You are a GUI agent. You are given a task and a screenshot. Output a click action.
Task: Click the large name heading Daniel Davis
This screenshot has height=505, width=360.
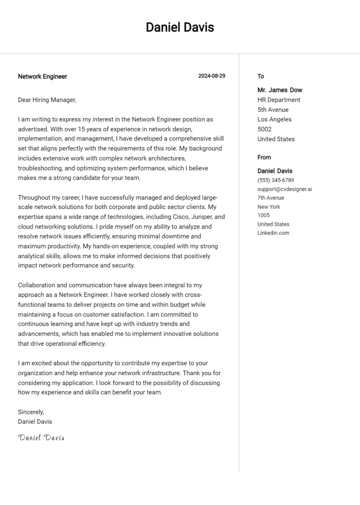point(180,28)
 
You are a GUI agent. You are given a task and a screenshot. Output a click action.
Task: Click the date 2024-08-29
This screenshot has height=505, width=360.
point(211,76)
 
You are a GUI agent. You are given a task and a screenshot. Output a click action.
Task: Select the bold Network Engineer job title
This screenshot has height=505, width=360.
point(42,76)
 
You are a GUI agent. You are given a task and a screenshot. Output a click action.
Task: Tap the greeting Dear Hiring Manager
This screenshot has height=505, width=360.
point(46,100)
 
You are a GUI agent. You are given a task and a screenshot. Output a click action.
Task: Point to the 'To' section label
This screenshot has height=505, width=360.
point(261,76)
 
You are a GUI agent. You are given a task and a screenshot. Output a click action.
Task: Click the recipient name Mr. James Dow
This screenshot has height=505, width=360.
point(279,90)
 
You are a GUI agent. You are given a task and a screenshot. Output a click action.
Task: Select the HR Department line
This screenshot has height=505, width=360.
point(279,100)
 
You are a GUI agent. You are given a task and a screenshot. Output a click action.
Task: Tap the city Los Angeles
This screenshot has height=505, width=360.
point(274,119)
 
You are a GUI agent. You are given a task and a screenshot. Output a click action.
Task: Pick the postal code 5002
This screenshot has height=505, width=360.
point(264,129)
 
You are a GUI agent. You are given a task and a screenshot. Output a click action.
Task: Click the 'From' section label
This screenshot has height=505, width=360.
point(264,157)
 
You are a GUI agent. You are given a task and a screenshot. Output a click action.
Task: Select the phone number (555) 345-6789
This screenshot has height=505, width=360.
point(276,180)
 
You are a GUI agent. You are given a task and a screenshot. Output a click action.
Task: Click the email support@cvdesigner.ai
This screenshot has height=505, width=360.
point(285,189)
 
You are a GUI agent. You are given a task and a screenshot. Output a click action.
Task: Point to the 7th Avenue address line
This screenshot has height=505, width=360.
point(270,198)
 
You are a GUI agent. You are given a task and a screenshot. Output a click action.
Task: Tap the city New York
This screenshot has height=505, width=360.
point(269,207)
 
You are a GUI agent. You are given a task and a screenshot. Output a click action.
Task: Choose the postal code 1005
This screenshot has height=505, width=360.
point(263,215)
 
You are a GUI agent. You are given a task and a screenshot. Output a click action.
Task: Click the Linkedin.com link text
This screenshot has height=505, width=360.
point(273,233)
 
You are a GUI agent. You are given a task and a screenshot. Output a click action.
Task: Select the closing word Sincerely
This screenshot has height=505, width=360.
point(31,412)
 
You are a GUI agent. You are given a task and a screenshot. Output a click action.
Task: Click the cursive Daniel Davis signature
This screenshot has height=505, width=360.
point(41,438)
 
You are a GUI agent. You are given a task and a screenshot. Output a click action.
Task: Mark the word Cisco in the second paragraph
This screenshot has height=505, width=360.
point(165,217)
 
